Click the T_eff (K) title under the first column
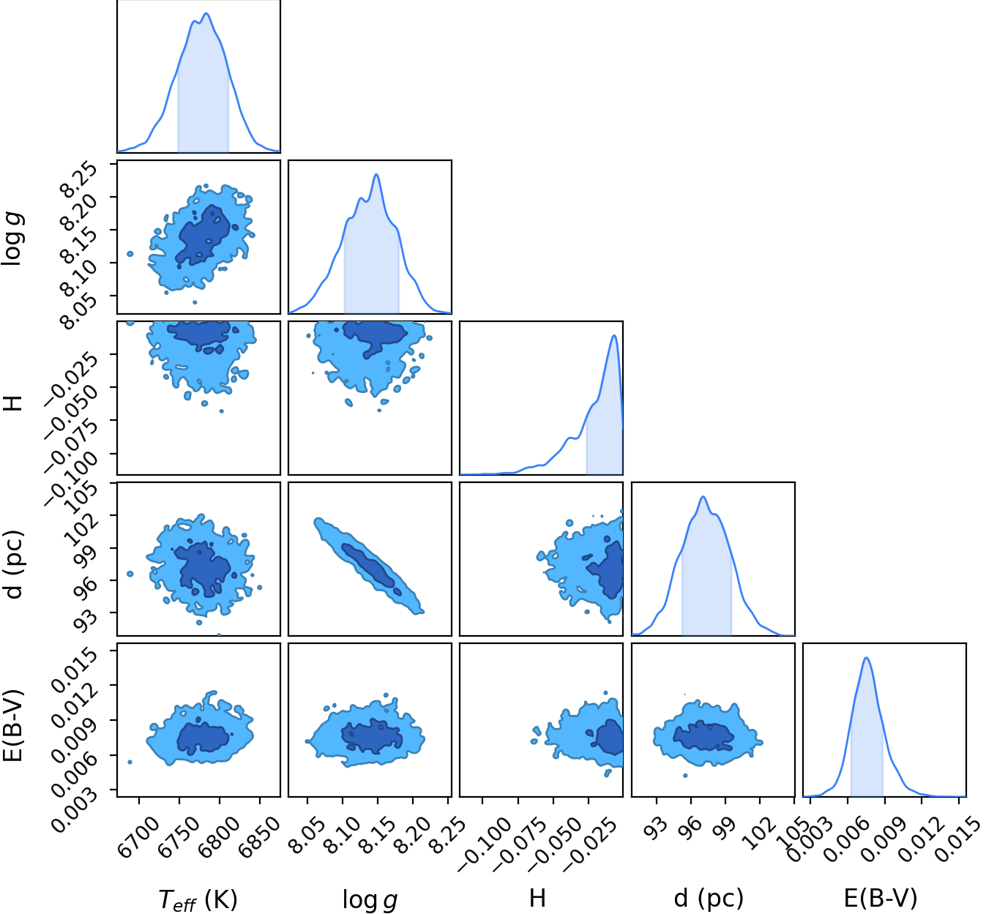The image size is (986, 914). point(198,899)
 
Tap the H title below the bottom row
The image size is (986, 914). point(538,898)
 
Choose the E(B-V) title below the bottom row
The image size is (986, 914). point(881,898)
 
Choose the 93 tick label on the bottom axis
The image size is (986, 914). point(657,828)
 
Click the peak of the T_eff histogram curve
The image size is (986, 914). point(206,13)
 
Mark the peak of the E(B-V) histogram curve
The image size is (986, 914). point(867,658)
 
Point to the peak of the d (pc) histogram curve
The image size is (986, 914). point(703,496)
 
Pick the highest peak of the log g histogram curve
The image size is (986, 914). point(377,174)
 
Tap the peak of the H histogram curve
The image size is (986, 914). point(615,335)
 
